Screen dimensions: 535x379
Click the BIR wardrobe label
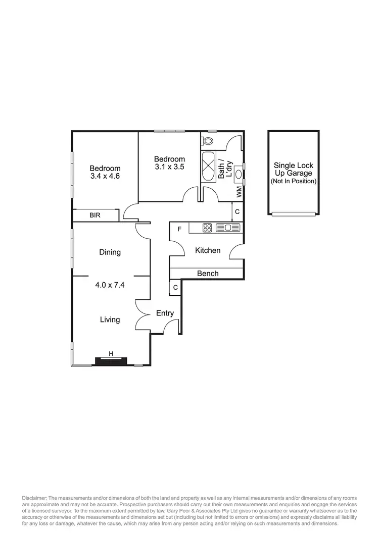95,216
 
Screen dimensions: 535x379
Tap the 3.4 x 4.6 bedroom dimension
105,177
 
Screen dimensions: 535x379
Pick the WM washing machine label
239,192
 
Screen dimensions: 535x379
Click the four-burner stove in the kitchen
207,228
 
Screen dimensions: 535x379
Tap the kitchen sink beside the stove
227,228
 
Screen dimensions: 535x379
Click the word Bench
208,273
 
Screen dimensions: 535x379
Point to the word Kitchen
208,250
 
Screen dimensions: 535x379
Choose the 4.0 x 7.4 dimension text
110,285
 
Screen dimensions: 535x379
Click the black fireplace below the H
111,361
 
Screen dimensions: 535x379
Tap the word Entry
165,313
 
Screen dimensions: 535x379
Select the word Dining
110,252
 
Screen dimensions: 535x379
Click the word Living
110,319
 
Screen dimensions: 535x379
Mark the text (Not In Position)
294,181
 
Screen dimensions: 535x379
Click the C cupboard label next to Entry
175,287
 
